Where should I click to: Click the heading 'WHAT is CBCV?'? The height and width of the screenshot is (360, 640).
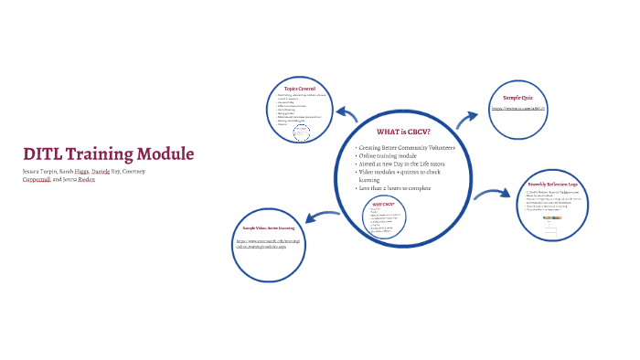click(x=402, y=131)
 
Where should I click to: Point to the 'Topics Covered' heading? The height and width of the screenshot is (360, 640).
click(x=302, y=89)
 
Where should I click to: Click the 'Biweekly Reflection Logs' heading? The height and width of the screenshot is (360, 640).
click(x=553, y=185)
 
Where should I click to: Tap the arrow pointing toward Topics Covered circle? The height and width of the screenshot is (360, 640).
click(x=346, y=115)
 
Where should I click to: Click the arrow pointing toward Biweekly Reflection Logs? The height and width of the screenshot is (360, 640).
click(x=494, y=194)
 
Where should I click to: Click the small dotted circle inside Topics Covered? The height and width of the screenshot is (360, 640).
click(x=302, y=133)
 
